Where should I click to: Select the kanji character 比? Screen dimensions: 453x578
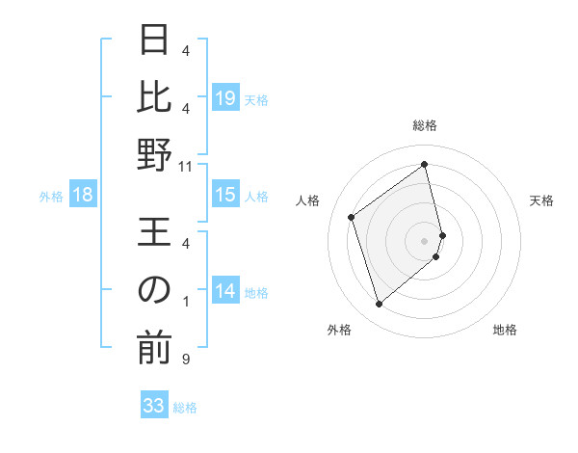point(154,97)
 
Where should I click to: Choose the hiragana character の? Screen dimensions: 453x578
point(154,290)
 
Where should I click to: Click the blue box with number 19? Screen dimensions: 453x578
point(225,97)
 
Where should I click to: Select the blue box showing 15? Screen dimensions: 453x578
point(225,196)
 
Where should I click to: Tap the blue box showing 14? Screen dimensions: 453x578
point(225,291)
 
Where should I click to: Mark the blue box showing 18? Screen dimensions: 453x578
point(83,196)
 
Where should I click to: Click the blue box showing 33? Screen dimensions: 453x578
point(154,406)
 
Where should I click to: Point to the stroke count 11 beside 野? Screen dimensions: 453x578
point(186,167)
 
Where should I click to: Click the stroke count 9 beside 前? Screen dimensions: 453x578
point(185,360)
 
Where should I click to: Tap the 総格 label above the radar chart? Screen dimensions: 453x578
point(425,125)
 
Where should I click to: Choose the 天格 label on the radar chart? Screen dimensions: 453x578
point(541,200)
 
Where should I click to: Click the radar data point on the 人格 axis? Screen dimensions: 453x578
point(352,218)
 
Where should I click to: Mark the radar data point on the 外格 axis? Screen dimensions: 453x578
point(379,305)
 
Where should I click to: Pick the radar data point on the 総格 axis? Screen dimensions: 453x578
point(425,165)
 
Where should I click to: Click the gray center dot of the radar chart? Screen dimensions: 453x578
point(425,239)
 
